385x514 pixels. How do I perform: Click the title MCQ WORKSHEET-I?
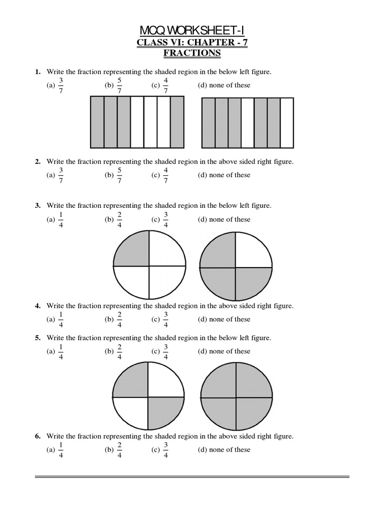192,32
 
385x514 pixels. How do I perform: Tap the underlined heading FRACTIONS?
192,53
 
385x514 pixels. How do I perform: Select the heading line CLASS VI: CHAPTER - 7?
192,43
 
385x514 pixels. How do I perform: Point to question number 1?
38,72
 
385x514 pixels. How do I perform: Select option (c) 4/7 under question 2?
160,175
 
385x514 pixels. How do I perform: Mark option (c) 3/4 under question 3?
160,219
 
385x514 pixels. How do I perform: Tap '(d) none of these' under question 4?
224,319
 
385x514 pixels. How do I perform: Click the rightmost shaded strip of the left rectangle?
177,122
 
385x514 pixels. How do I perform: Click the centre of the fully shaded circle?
236,396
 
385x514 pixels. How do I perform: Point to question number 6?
38,436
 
